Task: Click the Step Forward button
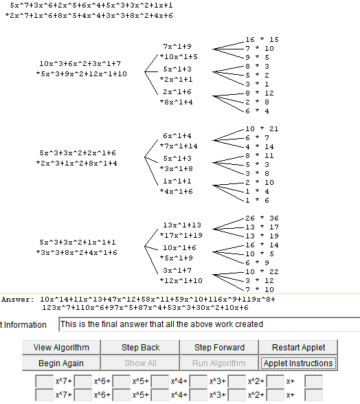pyautogui.click(x=219, y=348)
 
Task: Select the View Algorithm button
pyautogui.click(x=61, y=348)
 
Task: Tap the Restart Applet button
pyautogui.click(x=298, y=348)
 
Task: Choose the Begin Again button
pyautogui.click(x=61, y=363)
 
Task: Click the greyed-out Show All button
pyautogui.click(x=140, y=363)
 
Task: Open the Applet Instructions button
pyautogui.click(x=298, y=363)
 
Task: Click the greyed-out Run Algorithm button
pyautogui.click(x=219, y=363)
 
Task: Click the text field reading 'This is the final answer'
pyautogui.click(x=210, y=324)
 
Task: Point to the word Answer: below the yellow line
pyautogui.click(x=18, y=300)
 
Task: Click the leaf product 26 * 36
pyautogui.click(x=262, y=218)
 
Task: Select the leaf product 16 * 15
pyautogui.click(x=262, y=39)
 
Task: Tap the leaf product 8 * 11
pyautogui.click(x=260, y=155)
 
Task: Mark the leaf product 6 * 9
pyautogui.click(x=257, y=262)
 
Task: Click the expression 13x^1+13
pyautogui.click(x=182, y=225)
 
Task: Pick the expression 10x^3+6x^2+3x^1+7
pyautogui.click(x=80, y=63)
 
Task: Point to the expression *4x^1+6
pyautogui.click(x=177, y=192)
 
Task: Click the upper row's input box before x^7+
pyautogui.click(x=45, y=381)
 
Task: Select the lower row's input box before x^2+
pyautogui.click(x=236, y=395)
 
